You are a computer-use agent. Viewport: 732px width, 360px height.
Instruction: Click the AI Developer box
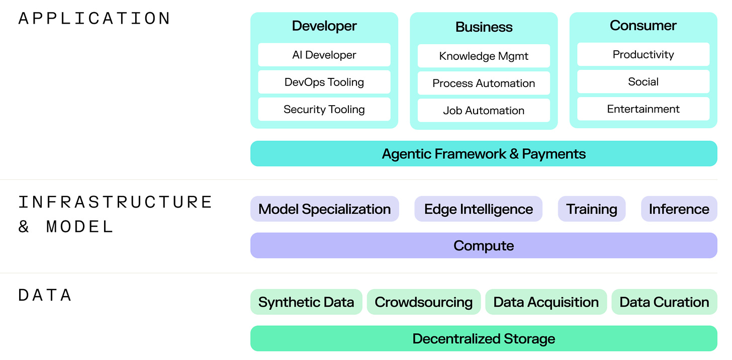pos(324,55)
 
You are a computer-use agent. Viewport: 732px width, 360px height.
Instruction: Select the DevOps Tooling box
pos(324,82)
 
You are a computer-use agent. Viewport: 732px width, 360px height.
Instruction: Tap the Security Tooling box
pos(324,109)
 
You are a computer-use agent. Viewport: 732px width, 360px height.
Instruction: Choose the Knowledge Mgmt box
pos(484,56)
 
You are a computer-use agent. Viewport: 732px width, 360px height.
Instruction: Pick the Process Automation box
pos(484,83)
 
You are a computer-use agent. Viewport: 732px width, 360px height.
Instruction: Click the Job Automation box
pos(484,110)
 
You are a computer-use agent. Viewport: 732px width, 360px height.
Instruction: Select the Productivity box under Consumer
pos(643,54)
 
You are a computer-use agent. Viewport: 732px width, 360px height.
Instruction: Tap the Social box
pos(643,81)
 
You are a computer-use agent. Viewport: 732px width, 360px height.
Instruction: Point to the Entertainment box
pos(643,109)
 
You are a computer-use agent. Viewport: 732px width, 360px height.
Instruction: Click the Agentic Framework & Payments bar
pos(484,153)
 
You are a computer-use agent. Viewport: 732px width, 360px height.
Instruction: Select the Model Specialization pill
pos(324,209)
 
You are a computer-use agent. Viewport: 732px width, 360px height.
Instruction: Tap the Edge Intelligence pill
pos(478,209)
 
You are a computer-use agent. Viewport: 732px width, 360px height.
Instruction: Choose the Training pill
pos(592,209)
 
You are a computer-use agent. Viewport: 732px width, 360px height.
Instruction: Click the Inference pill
pos(679,209)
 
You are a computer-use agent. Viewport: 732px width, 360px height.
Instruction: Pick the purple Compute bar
pos(484,245)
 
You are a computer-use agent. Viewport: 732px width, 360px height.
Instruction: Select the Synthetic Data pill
pos(306,302)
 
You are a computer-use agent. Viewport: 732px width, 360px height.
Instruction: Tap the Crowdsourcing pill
pos(423,302)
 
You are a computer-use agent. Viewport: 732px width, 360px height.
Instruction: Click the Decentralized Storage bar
pos(484,338)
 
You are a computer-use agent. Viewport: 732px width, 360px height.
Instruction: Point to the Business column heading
pos(484,27)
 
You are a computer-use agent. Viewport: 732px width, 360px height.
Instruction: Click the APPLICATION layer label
pos(95,19)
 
